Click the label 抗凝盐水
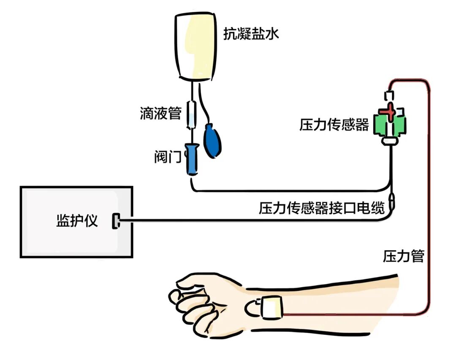251,34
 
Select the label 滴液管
160,113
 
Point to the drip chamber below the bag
192,114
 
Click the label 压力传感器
334,125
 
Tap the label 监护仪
77,221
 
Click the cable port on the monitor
115,221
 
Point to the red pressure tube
429,190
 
